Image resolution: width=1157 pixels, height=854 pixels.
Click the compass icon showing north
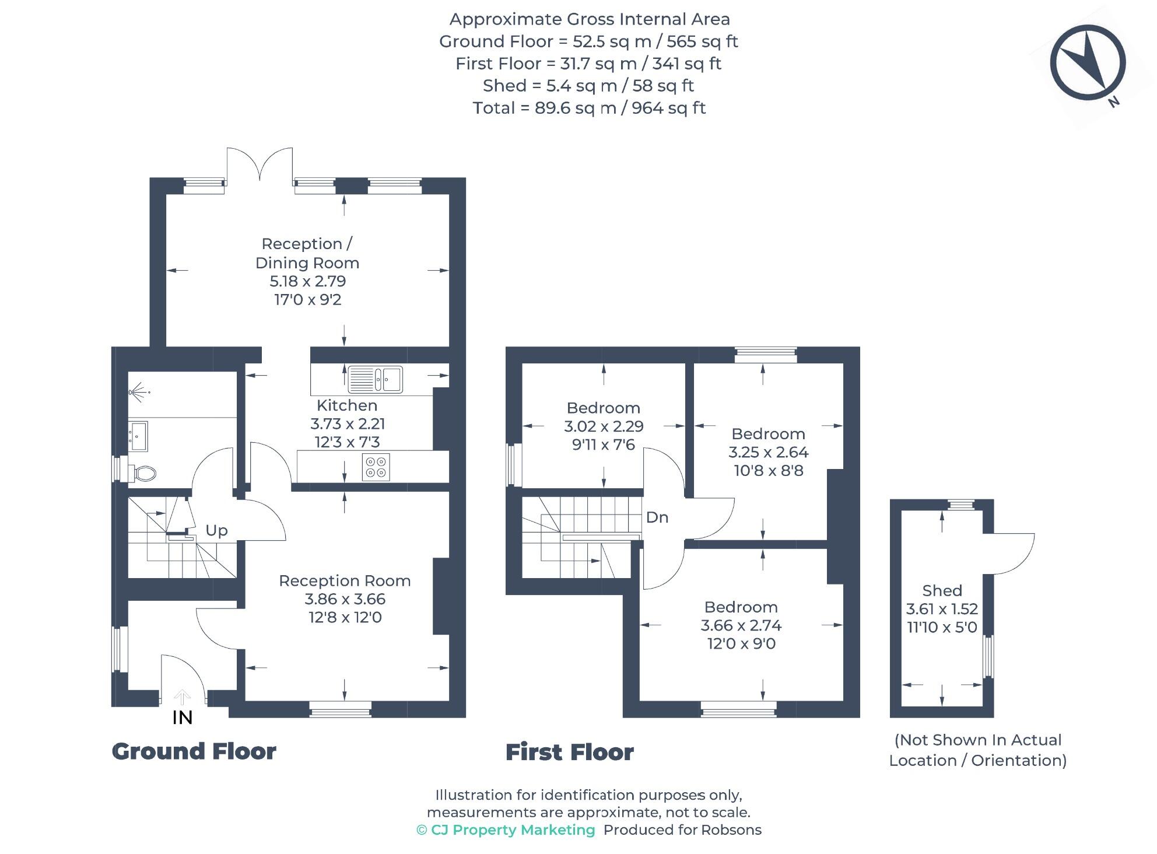pos(1088,62)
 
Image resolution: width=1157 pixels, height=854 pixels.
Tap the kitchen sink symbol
pos(376,379)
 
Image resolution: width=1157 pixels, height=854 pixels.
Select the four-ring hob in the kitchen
pos(376,467)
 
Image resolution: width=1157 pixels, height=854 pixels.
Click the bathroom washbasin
pos(138,436)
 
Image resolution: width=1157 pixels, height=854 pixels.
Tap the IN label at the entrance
pos(183,717)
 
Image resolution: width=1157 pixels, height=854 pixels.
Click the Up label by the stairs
pos(216,530)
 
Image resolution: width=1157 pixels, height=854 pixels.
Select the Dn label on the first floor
pos(657,517)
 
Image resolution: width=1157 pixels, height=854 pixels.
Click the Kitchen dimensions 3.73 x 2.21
pos(348,424)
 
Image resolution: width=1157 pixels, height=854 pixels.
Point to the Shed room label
pos(942,590)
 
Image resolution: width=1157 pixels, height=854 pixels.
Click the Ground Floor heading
pos(194,751)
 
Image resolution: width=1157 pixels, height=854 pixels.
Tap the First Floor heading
pos(569,752)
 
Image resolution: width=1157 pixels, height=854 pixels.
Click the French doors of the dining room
pos(260,163)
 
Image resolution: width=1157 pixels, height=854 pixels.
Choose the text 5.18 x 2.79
pos(307,281)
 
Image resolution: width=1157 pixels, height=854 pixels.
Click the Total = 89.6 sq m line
pos(589,108)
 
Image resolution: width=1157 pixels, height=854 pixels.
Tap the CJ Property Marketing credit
pos(506,830)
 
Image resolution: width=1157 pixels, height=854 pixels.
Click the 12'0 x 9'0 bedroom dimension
pos(741,643)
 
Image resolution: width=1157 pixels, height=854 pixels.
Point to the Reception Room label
pos(345,581)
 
